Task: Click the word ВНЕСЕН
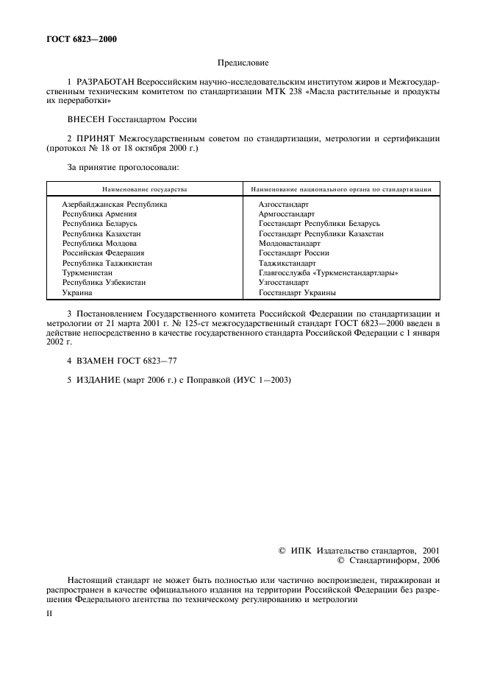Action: coord(88,119)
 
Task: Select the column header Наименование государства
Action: coord(144,189)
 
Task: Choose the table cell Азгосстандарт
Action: coord(284,204)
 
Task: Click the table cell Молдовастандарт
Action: coord(290,243)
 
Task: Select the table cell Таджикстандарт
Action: coord(287,263)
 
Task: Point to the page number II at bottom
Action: coord(49,610)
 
